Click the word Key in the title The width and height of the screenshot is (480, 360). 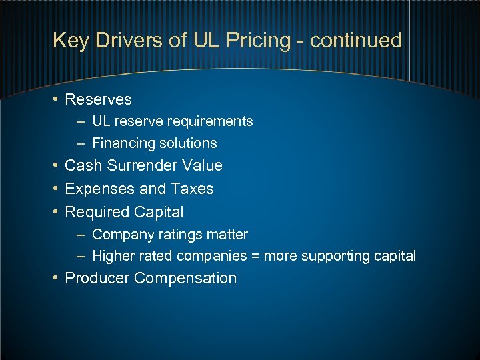point(69,41)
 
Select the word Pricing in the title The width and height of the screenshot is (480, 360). point(258,41)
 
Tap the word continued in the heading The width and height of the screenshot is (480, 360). point(356,41)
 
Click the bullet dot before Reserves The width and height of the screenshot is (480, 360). point(57,99)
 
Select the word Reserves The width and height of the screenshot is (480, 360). point(98,99)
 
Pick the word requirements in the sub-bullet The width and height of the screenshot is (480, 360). point(212,121)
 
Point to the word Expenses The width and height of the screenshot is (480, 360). point(97,189)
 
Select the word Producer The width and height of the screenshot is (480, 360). point(97,278)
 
